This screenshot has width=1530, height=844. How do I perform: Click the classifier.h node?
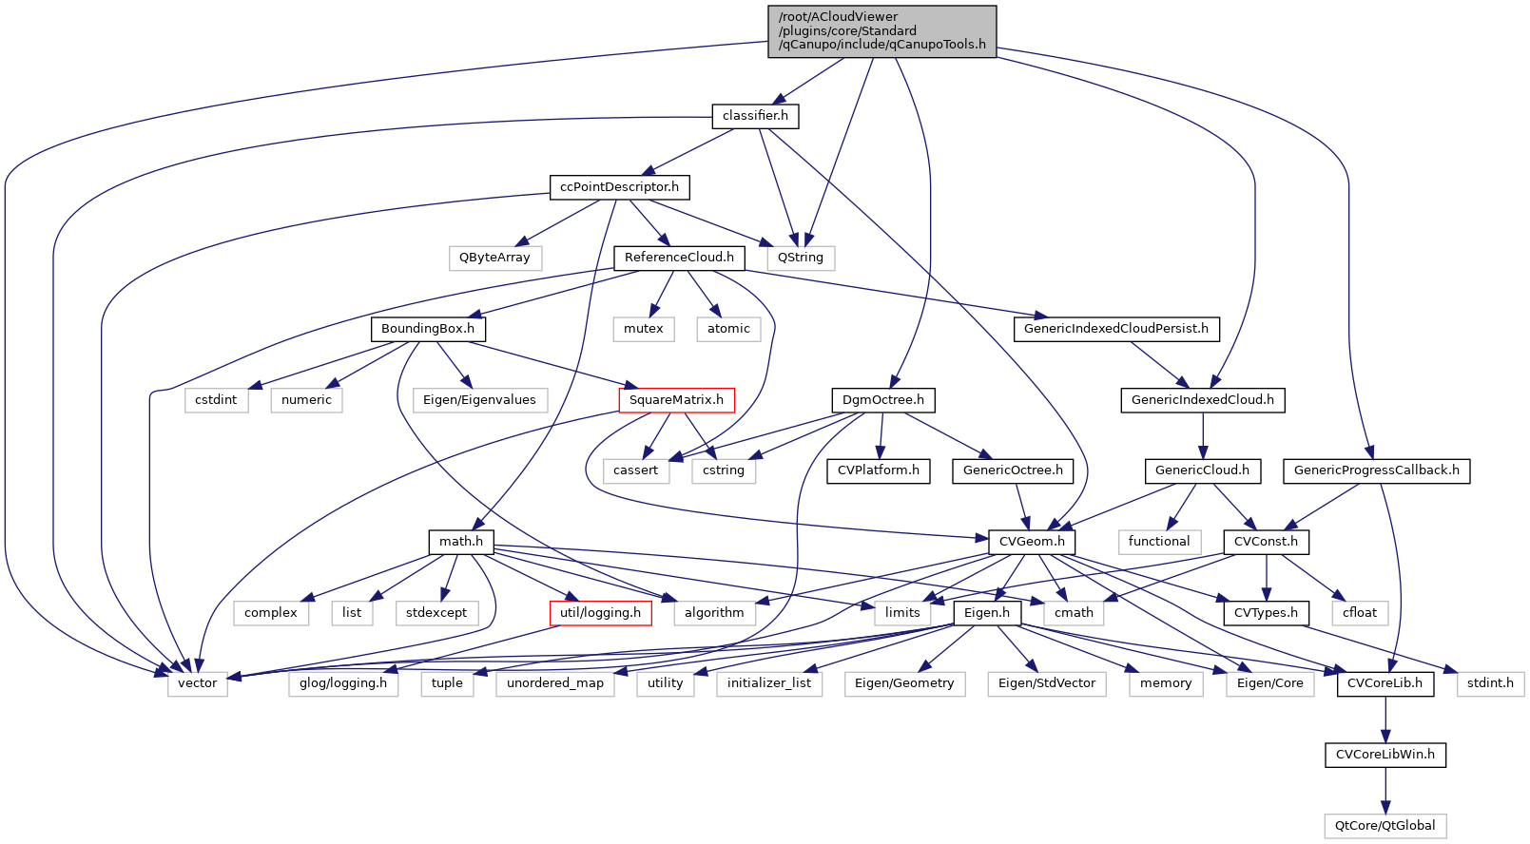[x=755, y=116]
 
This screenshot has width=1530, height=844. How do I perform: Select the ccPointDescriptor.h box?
[x=619, y=187]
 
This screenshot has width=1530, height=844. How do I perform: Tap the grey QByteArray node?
[x=494, y=258]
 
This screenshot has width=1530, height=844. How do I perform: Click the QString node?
[x=801, y=258]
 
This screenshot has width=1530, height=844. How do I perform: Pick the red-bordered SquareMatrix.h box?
[x=676, y=400]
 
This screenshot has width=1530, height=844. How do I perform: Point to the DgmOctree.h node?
[x=882, y=400]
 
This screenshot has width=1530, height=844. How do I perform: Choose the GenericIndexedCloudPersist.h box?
[x=1116, y=329]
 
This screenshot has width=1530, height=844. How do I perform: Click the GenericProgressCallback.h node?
[x=1376, y=470]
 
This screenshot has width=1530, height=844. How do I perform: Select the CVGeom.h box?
[x=1032, y=542]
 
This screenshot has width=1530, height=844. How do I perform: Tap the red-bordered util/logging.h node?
[x=600, y=613]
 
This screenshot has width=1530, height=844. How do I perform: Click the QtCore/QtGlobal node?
[x=1385, y=826]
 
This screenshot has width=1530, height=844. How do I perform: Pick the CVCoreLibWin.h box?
[x=1385, y=755]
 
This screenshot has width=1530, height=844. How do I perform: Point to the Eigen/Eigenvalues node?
[x=479, y=400]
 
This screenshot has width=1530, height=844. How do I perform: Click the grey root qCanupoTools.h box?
[x=881, y=31]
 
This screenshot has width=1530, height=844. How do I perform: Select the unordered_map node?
[x=555, y=683]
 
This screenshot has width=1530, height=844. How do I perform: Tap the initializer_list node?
[x=769, y=683]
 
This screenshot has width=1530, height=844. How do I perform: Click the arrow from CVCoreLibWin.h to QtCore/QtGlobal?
[x=1385, y=790]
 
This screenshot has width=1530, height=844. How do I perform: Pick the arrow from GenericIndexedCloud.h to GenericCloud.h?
[x=1203, y=435]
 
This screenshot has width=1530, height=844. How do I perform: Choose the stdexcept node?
[x=436, y=613]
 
